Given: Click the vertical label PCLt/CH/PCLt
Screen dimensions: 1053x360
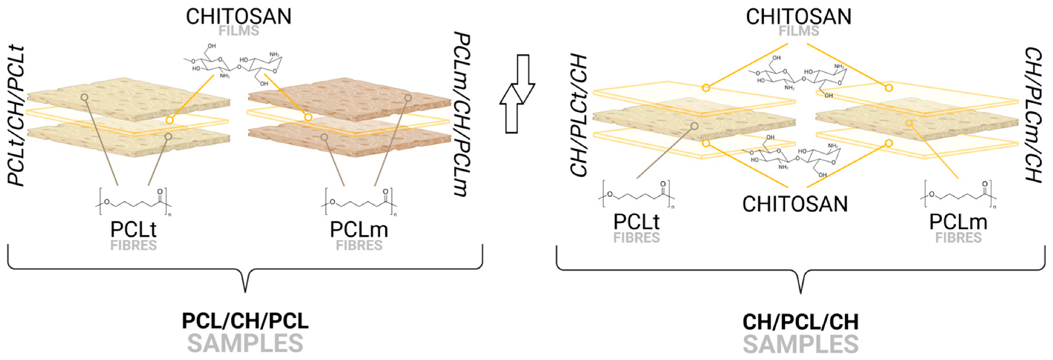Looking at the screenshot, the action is (17, 116).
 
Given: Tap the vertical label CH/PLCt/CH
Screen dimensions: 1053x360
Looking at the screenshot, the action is (579, 115).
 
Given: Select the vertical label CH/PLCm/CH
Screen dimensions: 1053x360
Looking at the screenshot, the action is (1034, 115).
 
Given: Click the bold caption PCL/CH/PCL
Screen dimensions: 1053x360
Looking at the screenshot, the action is (245, 321).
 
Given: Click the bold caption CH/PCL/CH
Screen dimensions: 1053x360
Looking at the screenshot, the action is (801, 322).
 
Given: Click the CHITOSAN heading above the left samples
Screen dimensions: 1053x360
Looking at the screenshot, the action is (239, 16).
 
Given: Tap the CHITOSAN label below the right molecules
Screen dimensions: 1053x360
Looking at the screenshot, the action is (795, 204).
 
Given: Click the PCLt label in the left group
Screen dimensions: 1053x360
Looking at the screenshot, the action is (133, 229).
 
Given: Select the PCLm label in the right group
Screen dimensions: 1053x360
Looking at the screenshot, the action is (958, 222).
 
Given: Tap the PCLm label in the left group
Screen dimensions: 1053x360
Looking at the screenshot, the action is (359, 229).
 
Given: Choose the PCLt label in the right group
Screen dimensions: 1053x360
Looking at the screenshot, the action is (637, 222).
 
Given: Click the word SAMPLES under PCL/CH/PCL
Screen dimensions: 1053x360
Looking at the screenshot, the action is (245, 344).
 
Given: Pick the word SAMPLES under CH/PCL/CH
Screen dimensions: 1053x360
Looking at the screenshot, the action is (801, 345).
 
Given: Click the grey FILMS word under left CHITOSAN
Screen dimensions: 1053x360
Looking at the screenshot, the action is (239, 31).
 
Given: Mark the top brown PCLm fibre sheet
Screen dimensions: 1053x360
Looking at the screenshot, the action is (350, 100).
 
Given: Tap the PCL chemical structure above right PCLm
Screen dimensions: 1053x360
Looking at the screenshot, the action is (958, 195).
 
